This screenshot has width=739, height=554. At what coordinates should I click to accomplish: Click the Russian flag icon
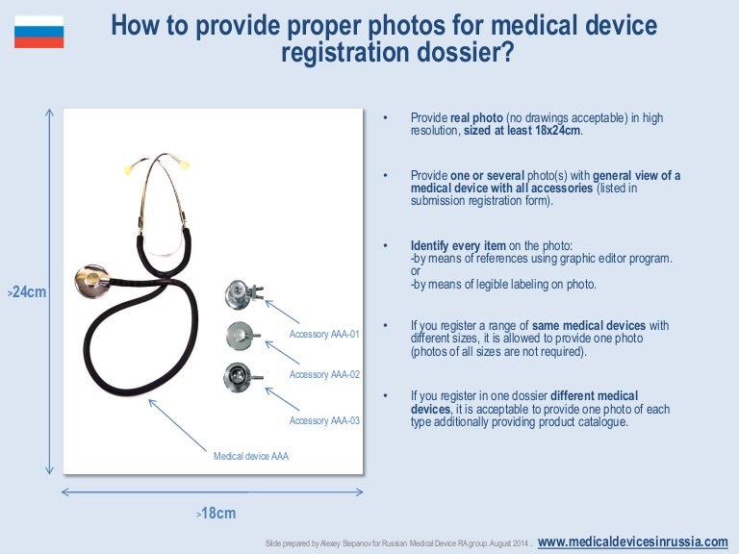click(38, 32)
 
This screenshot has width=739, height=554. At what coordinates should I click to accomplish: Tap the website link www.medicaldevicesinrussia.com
click(632, 541)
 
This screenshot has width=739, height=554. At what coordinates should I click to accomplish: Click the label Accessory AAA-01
click(324, 335)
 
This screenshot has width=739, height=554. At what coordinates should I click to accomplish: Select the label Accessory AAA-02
click(324, 374)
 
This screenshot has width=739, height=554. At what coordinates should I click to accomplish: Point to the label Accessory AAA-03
click(324, 421)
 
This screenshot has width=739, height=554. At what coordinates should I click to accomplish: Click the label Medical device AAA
click(250, 456)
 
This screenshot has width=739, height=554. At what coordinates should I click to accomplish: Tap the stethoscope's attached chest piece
click(92, 280)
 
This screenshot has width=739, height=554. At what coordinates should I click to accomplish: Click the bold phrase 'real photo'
click(471, 118)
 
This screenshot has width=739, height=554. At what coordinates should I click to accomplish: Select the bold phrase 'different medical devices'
click(524, 403)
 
